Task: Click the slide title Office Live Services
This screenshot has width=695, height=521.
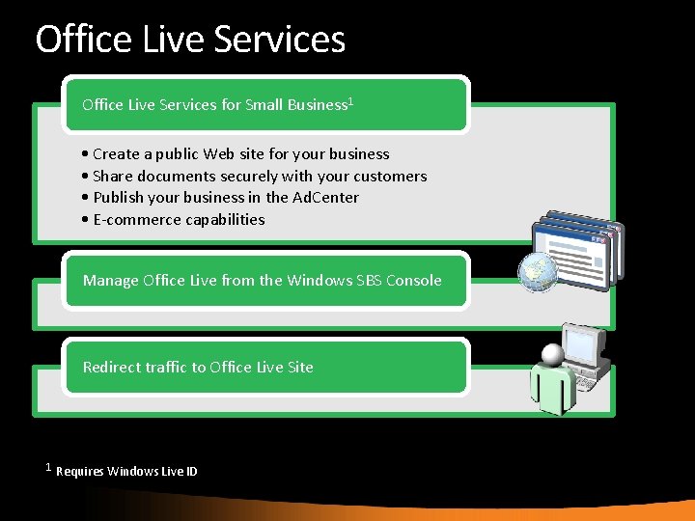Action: (x=190, y=40)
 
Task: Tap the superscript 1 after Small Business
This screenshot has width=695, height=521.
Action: (x=350, y=100)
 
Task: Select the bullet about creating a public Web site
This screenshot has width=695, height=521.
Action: (x=236, y=154)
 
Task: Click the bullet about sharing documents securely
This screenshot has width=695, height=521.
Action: (x=255, y=177)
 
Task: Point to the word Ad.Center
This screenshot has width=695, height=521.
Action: (x=325, y=198)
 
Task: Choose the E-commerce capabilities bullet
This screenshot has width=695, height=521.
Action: (x=174, y=220)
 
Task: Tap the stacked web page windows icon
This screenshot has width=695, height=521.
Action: (x=575, y=245)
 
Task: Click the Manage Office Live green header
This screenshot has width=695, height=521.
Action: (x=263, y=281)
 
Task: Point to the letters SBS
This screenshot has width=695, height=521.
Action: (x=366, y=281)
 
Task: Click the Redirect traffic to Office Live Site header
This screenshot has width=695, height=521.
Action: (x=198, y=368)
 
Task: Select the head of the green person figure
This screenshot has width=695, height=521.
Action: (x=552, y=355)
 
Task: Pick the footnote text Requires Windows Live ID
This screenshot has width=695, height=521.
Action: (x=126, y=472)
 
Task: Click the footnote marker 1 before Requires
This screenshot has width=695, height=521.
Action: (x=48, y=468)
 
